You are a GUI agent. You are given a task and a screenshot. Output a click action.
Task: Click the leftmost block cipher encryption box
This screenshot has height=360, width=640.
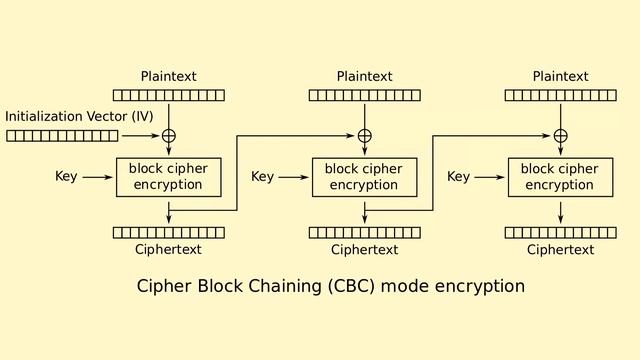coord(168,177)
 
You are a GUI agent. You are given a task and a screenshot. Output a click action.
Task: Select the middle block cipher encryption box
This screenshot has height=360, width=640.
coord(364,177)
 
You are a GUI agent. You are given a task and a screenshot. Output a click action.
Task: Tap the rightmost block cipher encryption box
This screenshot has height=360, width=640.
coord(560,177)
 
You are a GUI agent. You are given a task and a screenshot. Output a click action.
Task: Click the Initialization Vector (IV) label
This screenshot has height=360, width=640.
coord(79,117)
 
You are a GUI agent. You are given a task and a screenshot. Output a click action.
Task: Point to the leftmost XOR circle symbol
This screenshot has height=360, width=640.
coord(168,136)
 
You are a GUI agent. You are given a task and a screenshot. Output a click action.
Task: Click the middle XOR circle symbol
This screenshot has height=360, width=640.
coord(364,136)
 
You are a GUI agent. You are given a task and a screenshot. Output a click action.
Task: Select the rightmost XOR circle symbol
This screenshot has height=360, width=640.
coord(560,136)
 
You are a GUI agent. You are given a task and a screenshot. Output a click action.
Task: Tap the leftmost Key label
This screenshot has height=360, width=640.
coord(66,177)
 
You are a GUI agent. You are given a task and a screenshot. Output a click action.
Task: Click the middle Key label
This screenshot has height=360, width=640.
coord(262,177)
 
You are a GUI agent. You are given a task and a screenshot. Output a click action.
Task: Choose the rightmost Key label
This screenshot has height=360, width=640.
coord(458,177)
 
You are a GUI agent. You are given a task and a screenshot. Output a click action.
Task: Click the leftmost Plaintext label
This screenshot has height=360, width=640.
coord(168,77)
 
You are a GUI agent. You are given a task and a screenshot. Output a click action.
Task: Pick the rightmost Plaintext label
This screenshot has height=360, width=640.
coord(560,77)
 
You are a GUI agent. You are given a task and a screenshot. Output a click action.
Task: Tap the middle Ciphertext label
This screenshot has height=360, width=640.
coord(364,250)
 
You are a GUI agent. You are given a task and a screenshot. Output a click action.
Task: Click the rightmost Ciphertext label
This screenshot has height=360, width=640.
coord(560,250)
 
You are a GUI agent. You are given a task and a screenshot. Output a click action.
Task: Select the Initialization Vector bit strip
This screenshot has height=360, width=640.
coord(61,136)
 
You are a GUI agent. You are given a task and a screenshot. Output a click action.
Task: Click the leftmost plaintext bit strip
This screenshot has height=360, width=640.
coord(168,96)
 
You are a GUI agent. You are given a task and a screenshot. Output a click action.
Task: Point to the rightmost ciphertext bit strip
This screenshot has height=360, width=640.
coord(560,233)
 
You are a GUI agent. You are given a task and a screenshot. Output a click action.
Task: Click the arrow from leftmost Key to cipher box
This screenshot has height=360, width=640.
coord(98,177)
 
